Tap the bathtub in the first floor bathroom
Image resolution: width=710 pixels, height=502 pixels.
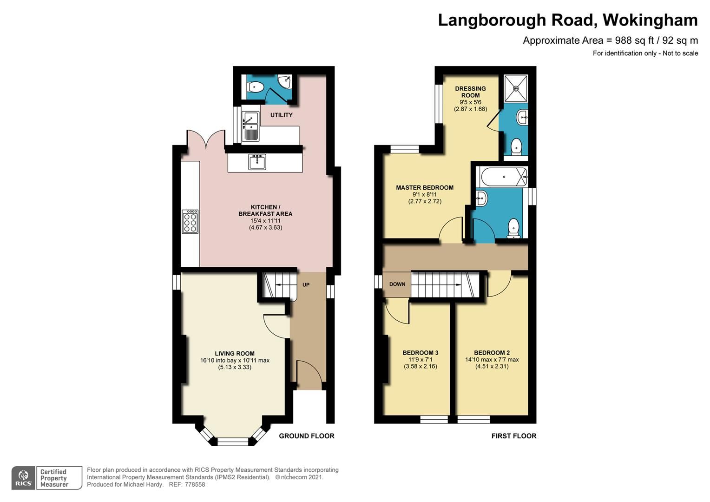pyautogui.click(x=504, y=177)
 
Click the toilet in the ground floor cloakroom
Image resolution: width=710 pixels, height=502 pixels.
pyautogui.click(x=255, y=86)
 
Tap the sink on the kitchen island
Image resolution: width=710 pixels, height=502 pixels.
pyautogui.click(x=257, y=162)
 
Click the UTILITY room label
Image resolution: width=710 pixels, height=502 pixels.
pyautogui.click(x=281, y=115)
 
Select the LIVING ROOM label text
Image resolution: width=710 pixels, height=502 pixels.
pyautogui.click(x=235, y=353)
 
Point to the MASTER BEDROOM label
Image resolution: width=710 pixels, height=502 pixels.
pyautogui.click(x=425, y=188)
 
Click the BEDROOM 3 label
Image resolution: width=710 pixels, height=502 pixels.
pyautogui.click(x=420, y=353)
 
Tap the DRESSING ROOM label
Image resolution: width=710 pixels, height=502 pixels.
pyautogui.click(x=470, y=92)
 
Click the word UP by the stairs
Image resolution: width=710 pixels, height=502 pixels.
pyautogui.click(x=306, y=284)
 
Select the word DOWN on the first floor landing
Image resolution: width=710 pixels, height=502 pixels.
pyautogui.click(x=397, y=284)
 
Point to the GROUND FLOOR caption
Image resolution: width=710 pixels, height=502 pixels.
pyautogui.click(x=306, y=436)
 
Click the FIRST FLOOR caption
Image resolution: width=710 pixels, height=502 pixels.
pyautogui.click(x=514, y=436)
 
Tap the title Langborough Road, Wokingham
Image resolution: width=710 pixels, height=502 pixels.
pyautogui.click(x=567, y=20)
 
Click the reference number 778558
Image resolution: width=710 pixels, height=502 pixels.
pyautogui.click(x=195, y=484)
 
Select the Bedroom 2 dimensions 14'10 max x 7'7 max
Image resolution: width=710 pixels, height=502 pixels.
pyautogui.click(x=492, y=359)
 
